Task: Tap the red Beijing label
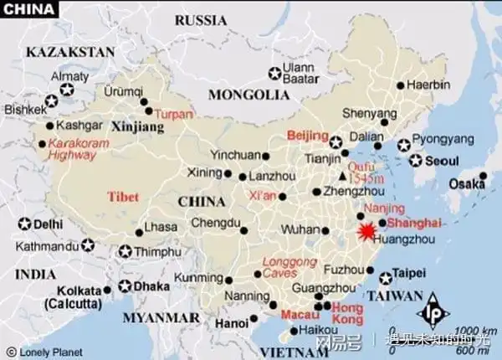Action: click(305, 135)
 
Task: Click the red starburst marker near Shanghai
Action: click(366, 230)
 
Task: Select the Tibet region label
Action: click(122, 196)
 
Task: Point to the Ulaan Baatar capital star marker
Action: click(274, 74)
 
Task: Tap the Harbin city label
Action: click(428, 85)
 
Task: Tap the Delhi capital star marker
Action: click(23, 224)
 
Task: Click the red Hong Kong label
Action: click(347, 314)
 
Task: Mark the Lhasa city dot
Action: click(140, 227)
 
